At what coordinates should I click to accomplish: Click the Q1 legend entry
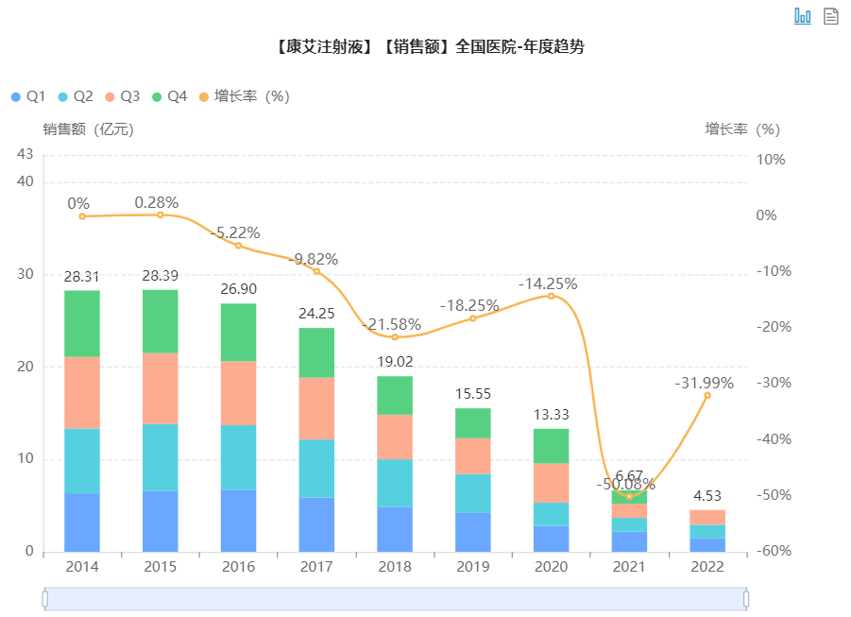click(x=28, y=96)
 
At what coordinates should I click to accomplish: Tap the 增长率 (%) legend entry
click(x=245, y=96)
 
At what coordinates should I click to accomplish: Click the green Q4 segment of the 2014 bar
click(x=82, y=323)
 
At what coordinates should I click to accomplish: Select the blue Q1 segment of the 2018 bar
click(x=395, y=529)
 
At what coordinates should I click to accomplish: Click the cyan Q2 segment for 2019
click(x=473, y=493)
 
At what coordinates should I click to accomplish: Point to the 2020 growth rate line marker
click(x=552, y=296)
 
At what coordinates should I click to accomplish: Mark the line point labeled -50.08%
click(x=630, y=496)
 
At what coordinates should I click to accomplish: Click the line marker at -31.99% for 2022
click(x=707, y=395)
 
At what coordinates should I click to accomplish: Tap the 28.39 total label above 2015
click(x=161, y=276)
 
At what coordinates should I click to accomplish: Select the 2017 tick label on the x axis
click(x=316, y=567)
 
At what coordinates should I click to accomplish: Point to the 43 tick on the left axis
click(x=25, y=154)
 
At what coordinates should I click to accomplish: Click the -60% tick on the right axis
click(x=771, y=552)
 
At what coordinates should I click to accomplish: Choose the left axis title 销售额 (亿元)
click(x=88, y=129)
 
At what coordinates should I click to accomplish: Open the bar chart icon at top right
click(x=803, y=15)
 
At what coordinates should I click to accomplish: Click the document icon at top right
click(x=831, y=15)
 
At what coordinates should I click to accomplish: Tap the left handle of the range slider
click(x=44, y=598)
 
